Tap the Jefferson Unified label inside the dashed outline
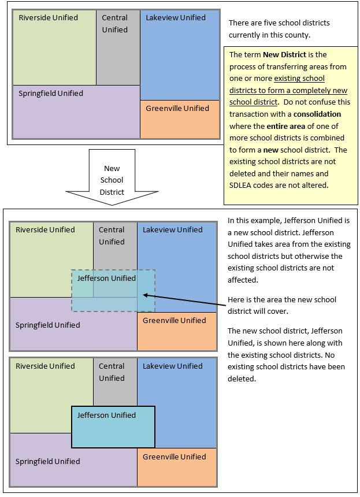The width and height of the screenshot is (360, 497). click(x=106, y=278)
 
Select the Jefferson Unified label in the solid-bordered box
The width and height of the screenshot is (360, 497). click(x=106, y=415)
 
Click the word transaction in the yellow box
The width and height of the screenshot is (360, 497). click(x=250, y=114)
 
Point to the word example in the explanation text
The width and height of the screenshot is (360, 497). click(x=259, y=220)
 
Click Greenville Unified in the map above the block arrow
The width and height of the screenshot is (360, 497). click(x=177, y=108)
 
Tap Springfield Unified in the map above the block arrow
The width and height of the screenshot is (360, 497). click(x=51, y=93)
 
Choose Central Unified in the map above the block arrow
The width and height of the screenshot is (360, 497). click(x=114, y=24)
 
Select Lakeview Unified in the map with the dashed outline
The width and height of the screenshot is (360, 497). click(x=173, y=229)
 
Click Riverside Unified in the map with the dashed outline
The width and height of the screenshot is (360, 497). click(x=45, y=229)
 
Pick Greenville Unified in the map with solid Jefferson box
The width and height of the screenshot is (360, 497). click(x=174, y=457)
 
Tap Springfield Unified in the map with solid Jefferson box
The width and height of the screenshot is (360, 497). click(x=47, y=461)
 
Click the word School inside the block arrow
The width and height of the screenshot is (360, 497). click(x=112, y=180)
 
